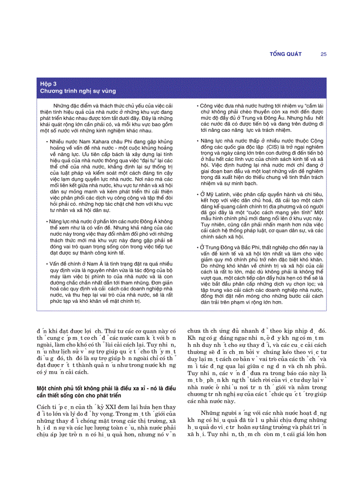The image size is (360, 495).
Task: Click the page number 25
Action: [323, 54]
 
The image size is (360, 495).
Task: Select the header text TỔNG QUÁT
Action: [285, 54]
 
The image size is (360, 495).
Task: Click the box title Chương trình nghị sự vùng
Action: [78, 91]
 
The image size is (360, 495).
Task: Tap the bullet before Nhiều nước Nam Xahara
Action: [47, 141]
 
